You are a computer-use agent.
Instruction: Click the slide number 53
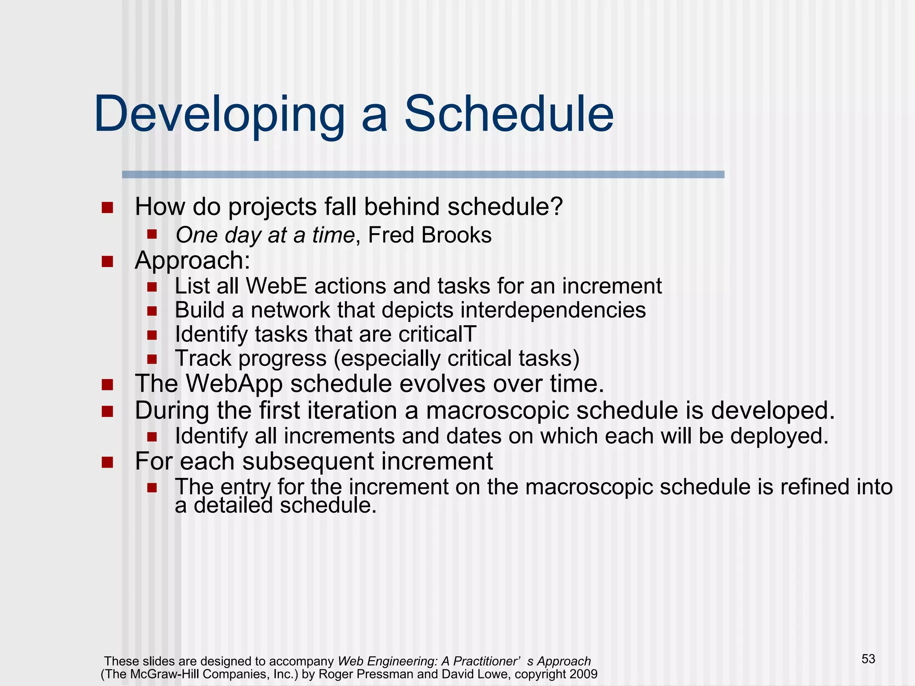[868, 659]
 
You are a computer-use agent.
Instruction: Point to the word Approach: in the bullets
[192, 260]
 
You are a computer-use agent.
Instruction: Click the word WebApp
[234, 384]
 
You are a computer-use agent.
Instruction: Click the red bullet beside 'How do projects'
[107, 208]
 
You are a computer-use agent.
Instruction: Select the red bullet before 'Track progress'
[152, 359]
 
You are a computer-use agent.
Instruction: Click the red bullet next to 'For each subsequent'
[107, 462]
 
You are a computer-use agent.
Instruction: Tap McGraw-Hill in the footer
[167, 674]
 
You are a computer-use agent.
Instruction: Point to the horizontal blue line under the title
[423, 175]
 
